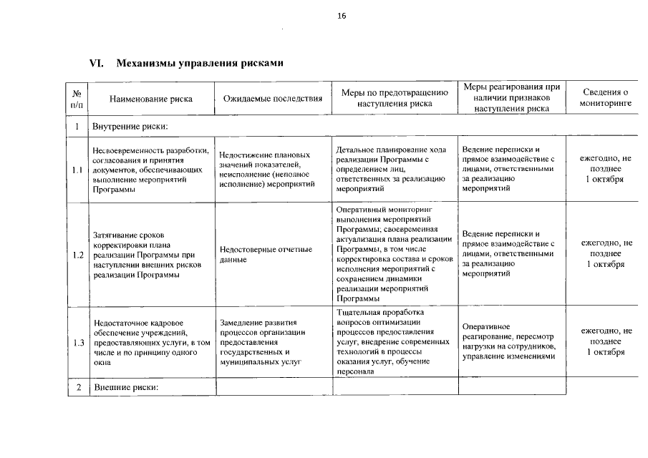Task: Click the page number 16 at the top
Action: pos(342,16)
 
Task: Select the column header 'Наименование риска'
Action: pos(151,99)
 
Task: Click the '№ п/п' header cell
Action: pos(77,99)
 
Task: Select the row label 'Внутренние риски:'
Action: pos(130,127)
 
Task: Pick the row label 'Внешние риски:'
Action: pos(125,387)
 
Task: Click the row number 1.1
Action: pos(77,170)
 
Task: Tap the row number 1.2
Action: pos(77,255)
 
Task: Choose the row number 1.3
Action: pos(77,342)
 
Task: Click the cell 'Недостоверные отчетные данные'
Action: pos(266,255)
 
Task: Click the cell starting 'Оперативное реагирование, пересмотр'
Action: pos(509,341)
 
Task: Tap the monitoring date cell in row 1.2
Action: pos(606,254)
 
